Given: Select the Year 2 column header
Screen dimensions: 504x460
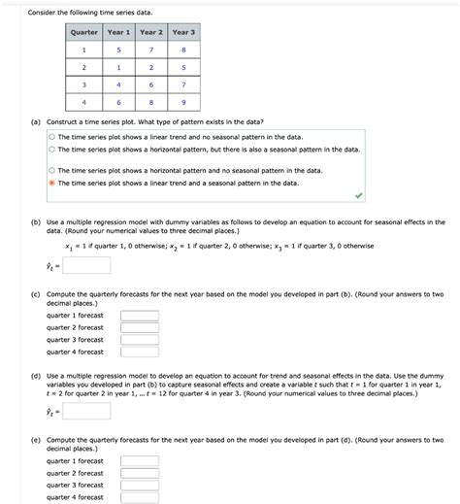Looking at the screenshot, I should pyautogui.click(x=150, y=32).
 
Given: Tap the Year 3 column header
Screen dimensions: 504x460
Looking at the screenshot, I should pyautogui.click(x=183, y=32).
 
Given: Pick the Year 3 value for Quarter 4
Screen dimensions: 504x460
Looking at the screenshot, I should pyautogui.click(x=183, y=102).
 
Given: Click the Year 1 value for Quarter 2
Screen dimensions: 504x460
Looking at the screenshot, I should pyautogui.click(x=117, y=67).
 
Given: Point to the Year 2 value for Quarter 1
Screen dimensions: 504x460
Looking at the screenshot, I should pyautogui.click(x=150, y=50).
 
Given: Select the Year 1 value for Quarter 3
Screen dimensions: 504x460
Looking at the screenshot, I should pyautogui.click(x=117, y=84).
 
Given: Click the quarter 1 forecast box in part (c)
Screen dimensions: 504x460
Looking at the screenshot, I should pyautogui.click(x=140, y=315).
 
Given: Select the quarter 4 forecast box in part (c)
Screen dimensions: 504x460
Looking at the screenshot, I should pyautogui.click(x=140, y=353).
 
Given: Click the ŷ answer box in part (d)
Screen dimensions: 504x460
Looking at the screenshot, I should pyautogui.click(x=88, y=411).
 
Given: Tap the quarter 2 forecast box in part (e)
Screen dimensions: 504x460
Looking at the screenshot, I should pyautogui.click(x=140, y=473).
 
